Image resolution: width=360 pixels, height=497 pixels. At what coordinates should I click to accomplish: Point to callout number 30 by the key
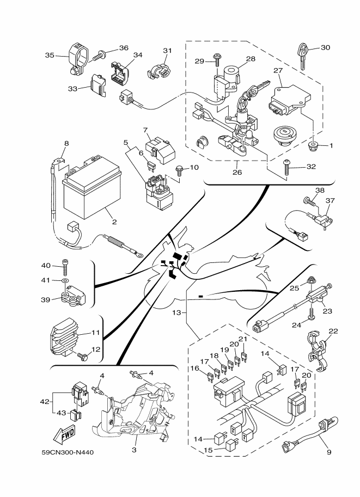pos(325,47)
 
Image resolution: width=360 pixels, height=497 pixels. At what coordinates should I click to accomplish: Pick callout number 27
pos(278,70)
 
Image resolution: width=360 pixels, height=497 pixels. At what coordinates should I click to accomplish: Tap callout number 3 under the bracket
pos(134,450)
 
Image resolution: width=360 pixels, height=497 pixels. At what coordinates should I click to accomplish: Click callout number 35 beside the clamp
pos(50,55)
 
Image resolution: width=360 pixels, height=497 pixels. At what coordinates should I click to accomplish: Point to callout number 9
pos(328,451)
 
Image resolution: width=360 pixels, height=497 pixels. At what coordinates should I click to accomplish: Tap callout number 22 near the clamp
pos(333,332)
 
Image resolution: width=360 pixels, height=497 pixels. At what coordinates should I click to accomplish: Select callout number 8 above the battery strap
pos(66,144)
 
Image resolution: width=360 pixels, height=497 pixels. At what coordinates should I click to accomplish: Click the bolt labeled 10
pos(179,170)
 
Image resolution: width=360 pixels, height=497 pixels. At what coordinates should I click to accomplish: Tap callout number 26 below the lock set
pos(237,173)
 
